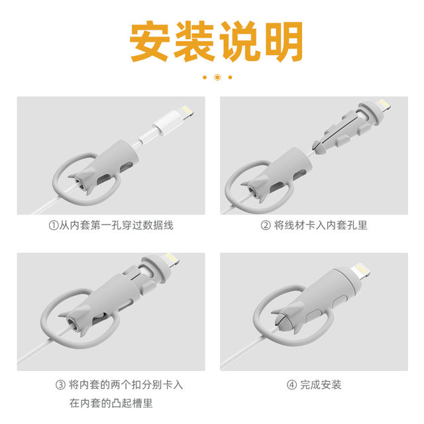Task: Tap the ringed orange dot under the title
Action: coord(217,77)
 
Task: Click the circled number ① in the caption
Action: coord(54,225)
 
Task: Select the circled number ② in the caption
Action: coord(266,225)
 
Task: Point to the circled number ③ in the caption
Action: coord(60,384)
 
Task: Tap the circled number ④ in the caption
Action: coord(291,384)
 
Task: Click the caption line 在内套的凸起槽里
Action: coord(113,402)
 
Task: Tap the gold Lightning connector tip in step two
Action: coord(382,106)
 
